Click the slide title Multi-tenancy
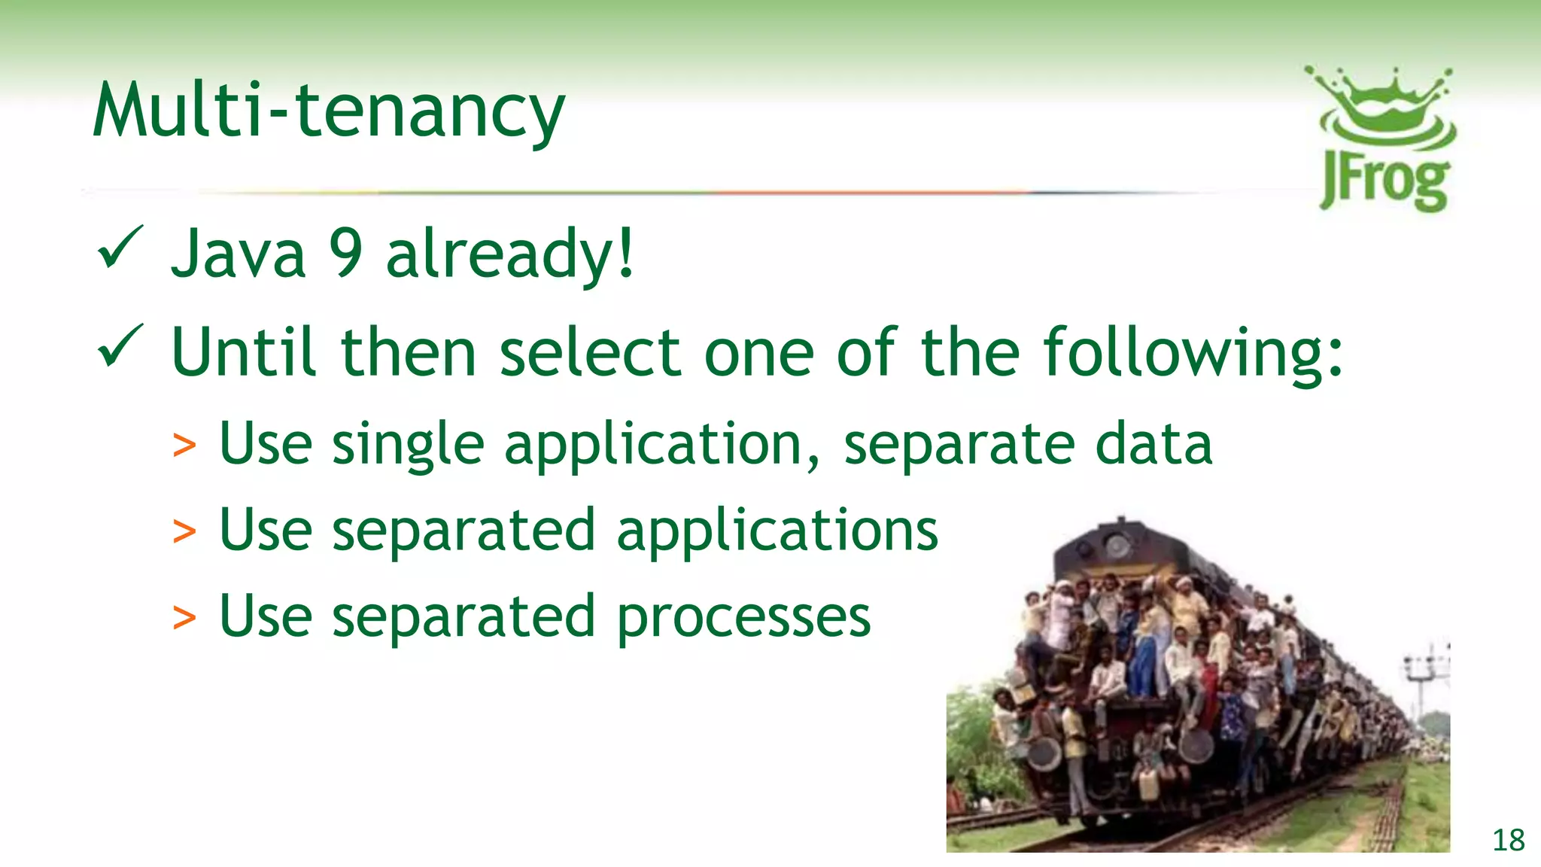[x=328, y=111]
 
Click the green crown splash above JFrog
[x=1383, y=105]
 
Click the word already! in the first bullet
[x=510, y=254]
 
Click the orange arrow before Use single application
[x=184, y=446]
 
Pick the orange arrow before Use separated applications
[x=184, y=531]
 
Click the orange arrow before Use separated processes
[x=184, y=618]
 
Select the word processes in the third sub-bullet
[x=744, y=618]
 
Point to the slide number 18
[x=1508, y=840]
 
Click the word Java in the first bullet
[x=239, y=254]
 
